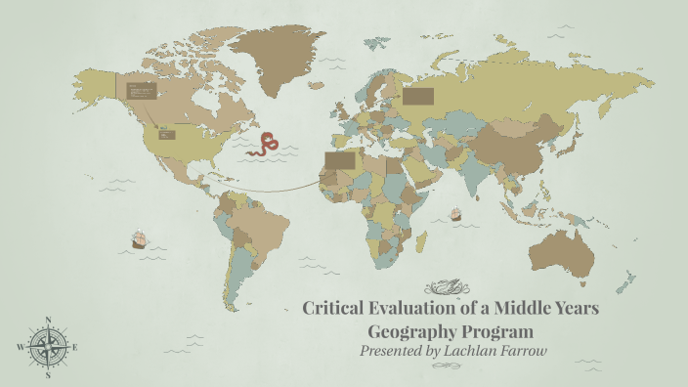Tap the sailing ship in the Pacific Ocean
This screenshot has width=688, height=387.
[138, 238]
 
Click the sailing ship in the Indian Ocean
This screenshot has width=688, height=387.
[454, 214]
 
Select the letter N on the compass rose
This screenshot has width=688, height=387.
[48, 320]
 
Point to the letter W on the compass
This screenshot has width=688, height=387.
[20, 347]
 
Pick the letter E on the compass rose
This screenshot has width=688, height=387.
[75, 347]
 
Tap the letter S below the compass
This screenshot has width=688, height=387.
[48, 374]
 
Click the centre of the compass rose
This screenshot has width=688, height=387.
[48, 347]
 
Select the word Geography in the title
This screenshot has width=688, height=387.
[411, 330]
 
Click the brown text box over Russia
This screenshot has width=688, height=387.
[418, 96]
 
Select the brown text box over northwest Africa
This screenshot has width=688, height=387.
[340, 158]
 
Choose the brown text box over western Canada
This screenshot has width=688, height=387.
[143, 91]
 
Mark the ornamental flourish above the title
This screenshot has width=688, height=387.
[451, 287]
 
